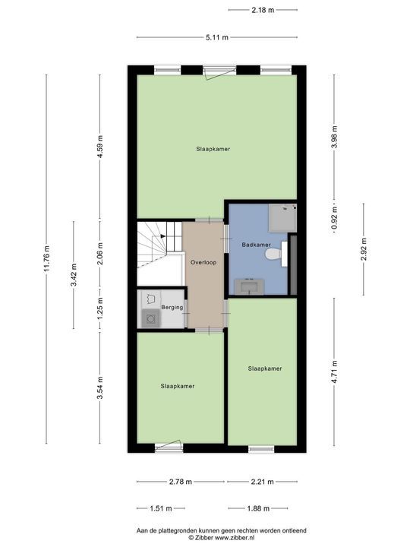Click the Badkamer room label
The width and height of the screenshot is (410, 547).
tap(257, 245)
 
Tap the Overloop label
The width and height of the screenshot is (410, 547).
tap(203, 262)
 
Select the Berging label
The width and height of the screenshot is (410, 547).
tap(172, 308)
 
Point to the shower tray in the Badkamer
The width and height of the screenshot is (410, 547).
tap(282, 218)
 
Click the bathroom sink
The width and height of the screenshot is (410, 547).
tap(249, 286)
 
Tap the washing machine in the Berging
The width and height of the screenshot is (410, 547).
tap(150, 318)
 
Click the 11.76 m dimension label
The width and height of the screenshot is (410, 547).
tap(47, 259)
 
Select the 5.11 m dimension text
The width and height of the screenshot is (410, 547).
tap(217, 37)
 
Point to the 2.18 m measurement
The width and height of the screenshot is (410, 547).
tap(263, 10)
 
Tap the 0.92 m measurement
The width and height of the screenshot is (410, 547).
tap(334, 220)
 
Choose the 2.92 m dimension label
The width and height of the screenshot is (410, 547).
tap(364, 249)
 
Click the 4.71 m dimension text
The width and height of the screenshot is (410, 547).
tap(334, 372)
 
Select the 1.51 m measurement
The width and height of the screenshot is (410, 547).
tap(161, 508)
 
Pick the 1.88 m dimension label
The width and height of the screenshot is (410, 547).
tap(258, 508)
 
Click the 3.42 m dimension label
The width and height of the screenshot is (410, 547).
tap(74, 275)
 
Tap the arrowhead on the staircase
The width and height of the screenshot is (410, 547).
tap(162, 236)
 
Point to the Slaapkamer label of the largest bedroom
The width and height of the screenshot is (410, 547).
tap(213, 149)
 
